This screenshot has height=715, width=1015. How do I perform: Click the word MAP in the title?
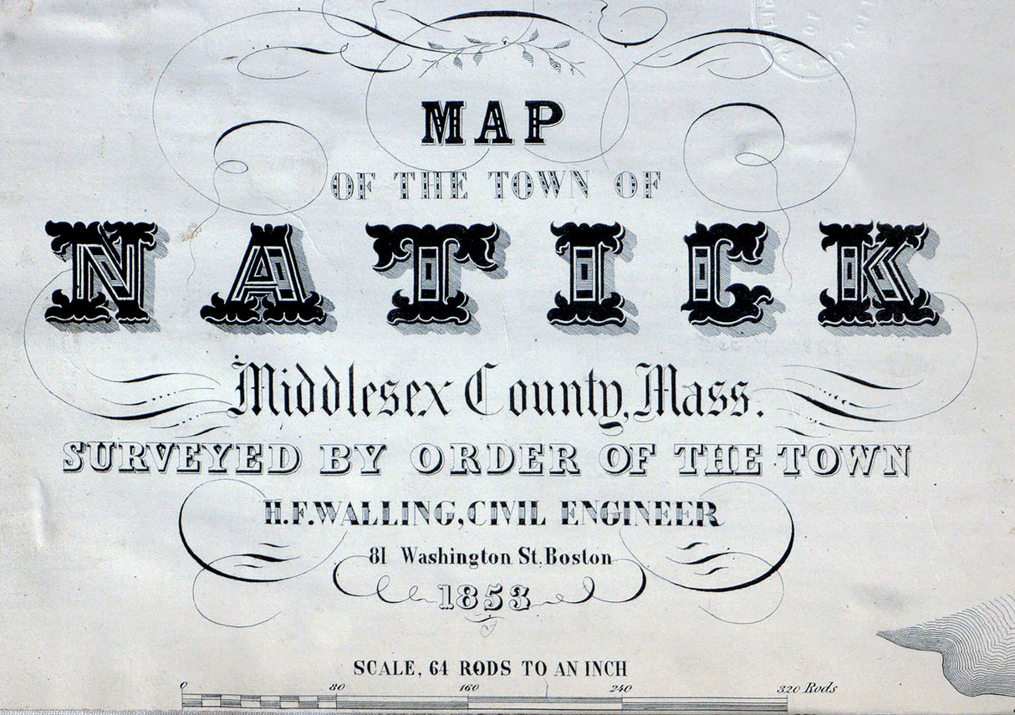pyautogui.click(x=492, y=123)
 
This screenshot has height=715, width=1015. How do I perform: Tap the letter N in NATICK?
pyautogui.click(x=101, y=273)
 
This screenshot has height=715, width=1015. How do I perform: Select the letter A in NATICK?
pyautogui.click(x=263, y=274)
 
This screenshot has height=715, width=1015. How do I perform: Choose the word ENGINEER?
pyautogui.click(x=639, y=513)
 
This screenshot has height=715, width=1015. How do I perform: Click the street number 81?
pyautogui.click(x=380, y=555)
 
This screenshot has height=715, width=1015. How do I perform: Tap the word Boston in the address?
pyautogui.click(x=578, y=556)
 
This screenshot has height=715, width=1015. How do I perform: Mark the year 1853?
pyautogui.click(x=484, y=597)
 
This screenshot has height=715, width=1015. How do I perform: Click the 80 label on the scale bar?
pyautogui.click(x=337, y=688)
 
